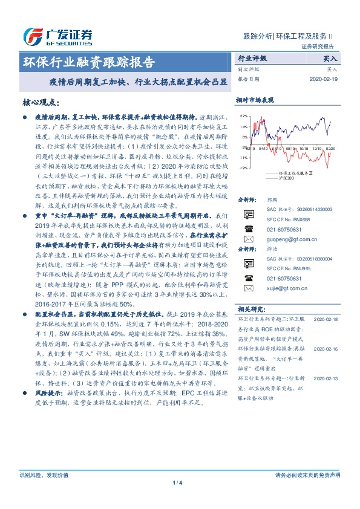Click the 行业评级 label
(x=251, y=59)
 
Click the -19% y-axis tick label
(x=243, y=167)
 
